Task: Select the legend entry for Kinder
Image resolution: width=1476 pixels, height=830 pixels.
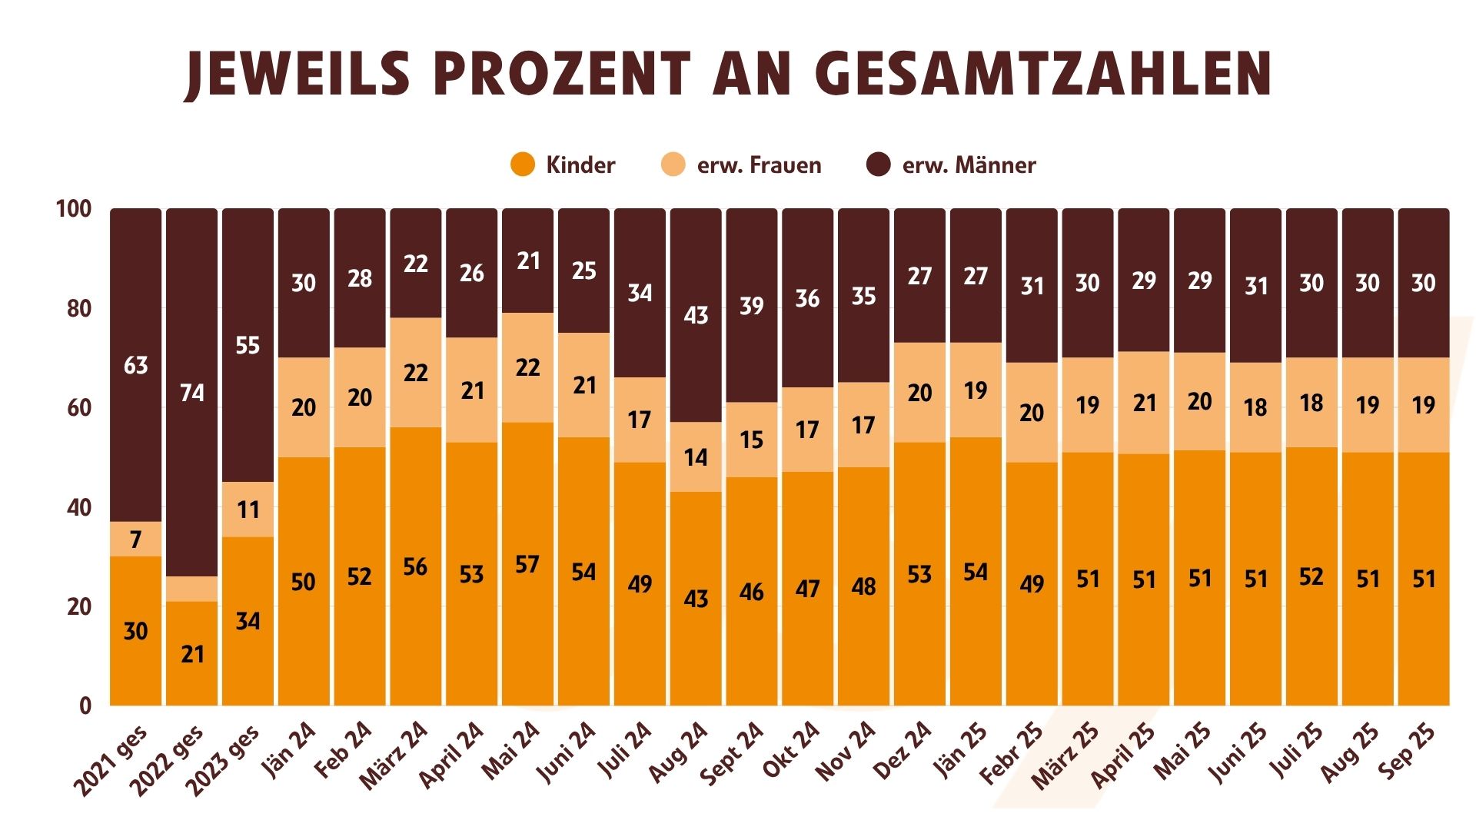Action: [x=563, y=164]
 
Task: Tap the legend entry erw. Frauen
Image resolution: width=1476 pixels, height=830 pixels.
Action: [x=741, y=164]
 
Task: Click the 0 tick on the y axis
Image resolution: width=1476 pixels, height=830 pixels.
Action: [x=85, y=705]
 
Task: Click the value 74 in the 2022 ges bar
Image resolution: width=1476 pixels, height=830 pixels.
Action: [x=192, y=393]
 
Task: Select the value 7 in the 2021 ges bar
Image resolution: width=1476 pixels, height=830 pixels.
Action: [x=136, y=539]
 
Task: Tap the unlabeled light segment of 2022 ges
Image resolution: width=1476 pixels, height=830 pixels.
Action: [x=192, y=589]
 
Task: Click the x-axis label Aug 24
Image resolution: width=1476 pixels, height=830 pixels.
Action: [x=678, y=752]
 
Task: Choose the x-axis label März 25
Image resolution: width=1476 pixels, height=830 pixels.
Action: [x=1066, y=756]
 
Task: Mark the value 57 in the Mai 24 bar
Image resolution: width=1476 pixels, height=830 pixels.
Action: [x=527, y=565]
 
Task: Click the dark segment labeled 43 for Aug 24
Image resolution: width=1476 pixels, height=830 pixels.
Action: [x=696, y=315]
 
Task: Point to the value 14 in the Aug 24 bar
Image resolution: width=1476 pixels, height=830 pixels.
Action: [x=696, y=457]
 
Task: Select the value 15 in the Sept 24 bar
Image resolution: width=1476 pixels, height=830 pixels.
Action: [x=752, y=440]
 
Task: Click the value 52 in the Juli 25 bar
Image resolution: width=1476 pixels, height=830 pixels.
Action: [x=1311, y=576]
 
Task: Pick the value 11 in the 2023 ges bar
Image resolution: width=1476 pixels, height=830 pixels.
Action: [x=248, y=510]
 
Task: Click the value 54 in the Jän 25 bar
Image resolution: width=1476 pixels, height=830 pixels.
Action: [x=976, y=572]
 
